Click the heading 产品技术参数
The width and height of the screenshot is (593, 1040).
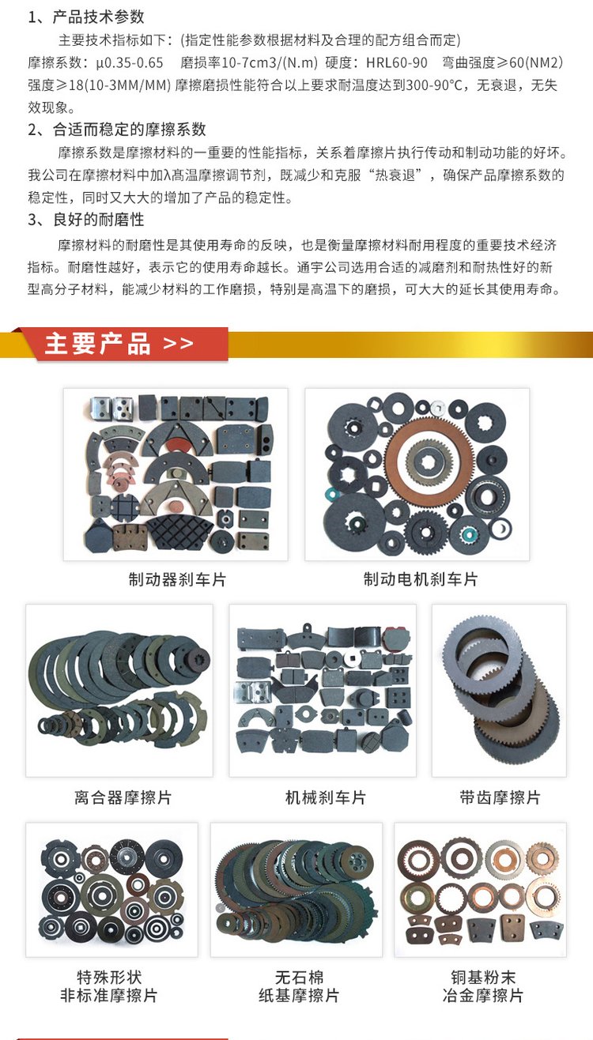pyautogui.click(x=99, y=17)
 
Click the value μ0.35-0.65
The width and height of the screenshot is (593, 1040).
pyautogui.click(x=130, y=62)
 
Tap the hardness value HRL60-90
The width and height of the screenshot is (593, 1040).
pyautogui.click(x=397, y=62)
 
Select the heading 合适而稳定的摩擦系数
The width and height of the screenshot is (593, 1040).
pyautogui.click(x=130, y=130)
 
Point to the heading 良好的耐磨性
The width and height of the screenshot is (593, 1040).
pyautogui.click(x=99, y=220)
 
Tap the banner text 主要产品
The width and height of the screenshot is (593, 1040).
pyautogui.click(x=98, y=344)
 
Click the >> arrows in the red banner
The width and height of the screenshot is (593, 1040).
pyautogui.click(x=179, y=344)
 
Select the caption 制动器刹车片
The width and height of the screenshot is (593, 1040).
pyautogui.click(x=177, y=579)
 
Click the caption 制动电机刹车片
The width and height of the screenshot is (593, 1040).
pyautogui.click(x=421, y=579)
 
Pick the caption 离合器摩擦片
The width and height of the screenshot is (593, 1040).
pyautogui.click(x=123, y=797)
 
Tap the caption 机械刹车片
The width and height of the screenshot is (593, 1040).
pyautogui.click(x=326, y=797)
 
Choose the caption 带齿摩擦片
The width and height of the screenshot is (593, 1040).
pyautogui.click(x=500, y=797)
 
